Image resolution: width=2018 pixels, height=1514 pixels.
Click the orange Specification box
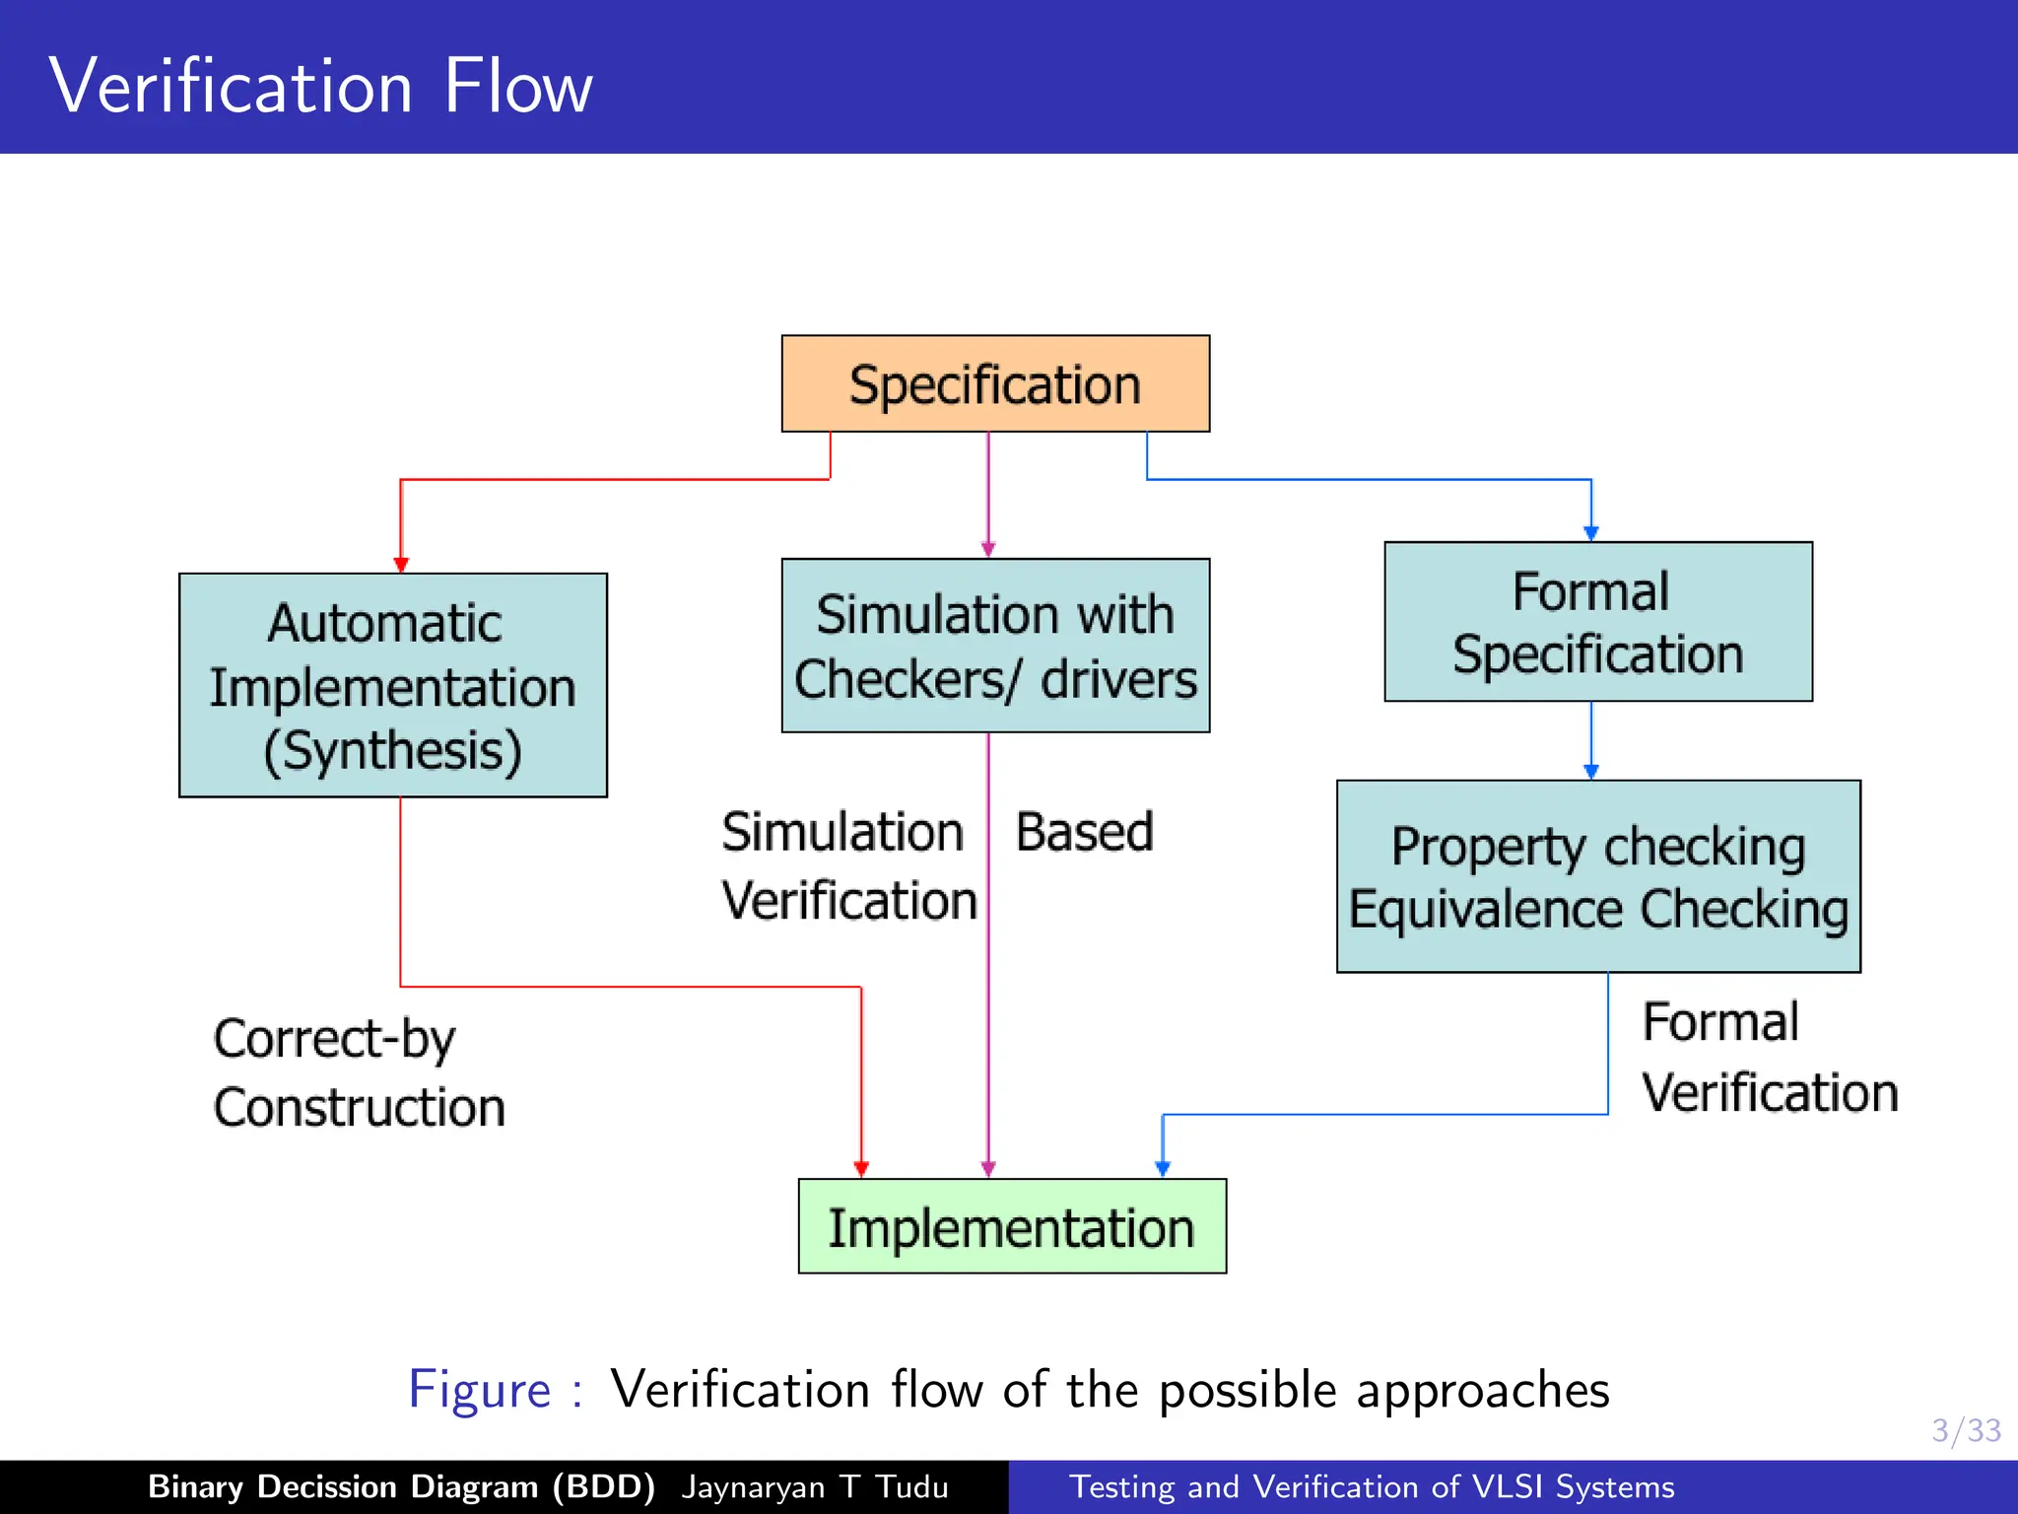pos(995,383)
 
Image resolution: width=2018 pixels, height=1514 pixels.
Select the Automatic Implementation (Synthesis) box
pos(392,685)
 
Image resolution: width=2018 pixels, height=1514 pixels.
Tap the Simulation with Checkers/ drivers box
pos(995,646)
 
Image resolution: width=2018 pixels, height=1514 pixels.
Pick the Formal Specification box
pos(1597,622)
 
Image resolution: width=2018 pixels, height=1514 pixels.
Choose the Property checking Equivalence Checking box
pos(1597,876)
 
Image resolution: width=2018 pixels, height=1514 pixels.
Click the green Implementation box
pos(1012,1226)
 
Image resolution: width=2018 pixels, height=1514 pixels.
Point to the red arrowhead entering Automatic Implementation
pos(401,565)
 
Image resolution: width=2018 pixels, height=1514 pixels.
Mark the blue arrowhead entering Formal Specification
pos(1590,533)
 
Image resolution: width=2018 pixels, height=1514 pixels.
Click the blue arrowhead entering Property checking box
pos(1590,772)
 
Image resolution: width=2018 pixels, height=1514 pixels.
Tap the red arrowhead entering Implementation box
pos(861,1169)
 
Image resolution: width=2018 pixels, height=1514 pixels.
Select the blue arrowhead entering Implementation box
pos(1163,1169)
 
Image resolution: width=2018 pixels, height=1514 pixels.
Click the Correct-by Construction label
pos(359,1072)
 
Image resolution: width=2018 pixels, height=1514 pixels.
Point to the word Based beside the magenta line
pos(1084,832)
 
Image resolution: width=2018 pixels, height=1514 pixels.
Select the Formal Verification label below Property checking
pos(1769,1057)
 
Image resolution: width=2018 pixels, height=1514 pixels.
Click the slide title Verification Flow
pos(320,87)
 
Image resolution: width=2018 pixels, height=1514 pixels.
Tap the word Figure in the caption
pos(480,1390)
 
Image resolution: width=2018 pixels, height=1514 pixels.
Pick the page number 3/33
pos(1965,1430)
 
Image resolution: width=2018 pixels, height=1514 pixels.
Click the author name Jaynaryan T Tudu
pos(814,1486)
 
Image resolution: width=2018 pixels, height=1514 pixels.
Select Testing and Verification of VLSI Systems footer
pos(1372,1486)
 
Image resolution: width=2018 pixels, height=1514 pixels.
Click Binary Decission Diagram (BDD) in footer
pos(401,1486)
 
